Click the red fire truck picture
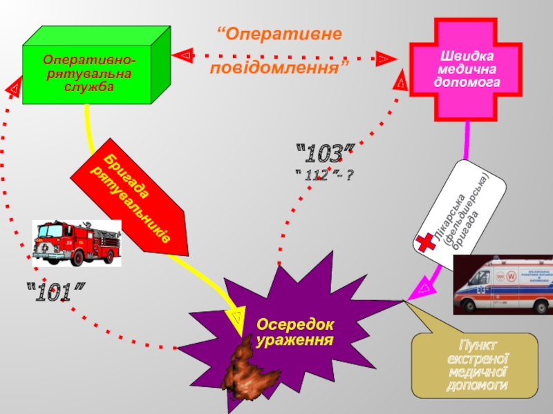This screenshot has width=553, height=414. coord(77,243)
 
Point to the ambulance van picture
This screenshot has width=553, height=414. coord(503,284)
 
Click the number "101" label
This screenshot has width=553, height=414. coord(60,293)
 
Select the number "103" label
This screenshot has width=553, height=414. coord(325,154)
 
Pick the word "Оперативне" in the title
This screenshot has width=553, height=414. coord(279,34)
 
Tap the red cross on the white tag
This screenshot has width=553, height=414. coord(424,242)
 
